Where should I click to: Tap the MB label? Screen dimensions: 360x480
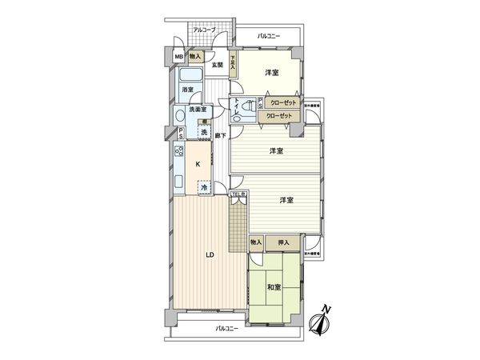pos(179,57)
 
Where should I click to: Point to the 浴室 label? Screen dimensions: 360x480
pos(187,90)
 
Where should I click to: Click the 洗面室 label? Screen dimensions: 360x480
pos(198,110)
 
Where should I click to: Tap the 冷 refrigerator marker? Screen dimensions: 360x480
pos(205,187)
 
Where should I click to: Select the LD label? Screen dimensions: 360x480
pos(210,256)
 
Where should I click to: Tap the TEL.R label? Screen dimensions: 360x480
pos(238,194)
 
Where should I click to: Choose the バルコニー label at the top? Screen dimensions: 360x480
pos(268,37)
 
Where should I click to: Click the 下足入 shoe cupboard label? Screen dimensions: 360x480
pos(233,63)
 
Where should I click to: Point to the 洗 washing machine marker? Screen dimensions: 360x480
pos(205,132)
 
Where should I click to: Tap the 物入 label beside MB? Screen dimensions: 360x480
pos(195,57)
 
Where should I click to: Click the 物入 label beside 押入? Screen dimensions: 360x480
pos(256,242)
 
